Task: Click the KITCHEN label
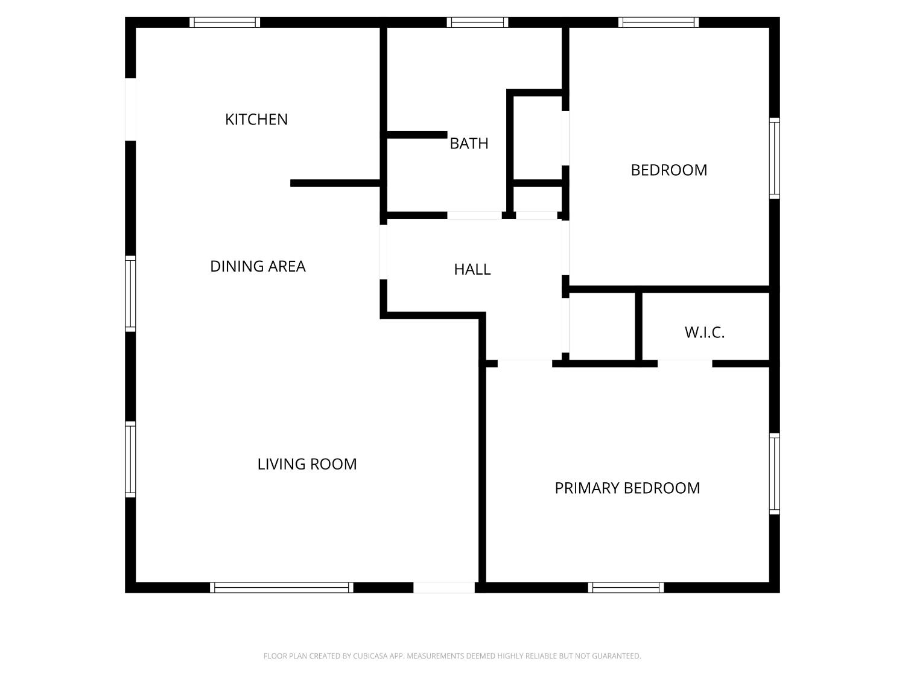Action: pos(256,120)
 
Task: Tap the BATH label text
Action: pos(469,144)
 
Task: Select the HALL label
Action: pos(472,269)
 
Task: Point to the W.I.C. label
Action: pos(704,333)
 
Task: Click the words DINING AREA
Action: pos(258,266)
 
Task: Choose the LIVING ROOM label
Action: pos(307,464)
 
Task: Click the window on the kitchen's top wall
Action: pos(225,22)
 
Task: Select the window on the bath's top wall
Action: pos(477,22)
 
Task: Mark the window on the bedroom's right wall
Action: pos(774,158)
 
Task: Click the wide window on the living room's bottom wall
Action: pos(282,587)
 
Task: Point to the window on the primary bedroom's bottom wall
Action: pos(626,587)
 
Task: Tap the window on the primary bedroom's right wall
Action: pos(774,474)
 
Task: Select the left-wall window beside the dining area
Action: pos(130,293)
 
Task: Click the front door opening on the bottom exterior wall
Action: pos(444,587)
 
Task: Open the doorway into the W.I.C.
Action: pos(685,363)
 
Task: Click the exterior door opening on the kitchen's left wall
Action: pos(130,109)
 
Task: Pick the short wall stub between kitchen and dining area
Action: pos(335,183)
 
